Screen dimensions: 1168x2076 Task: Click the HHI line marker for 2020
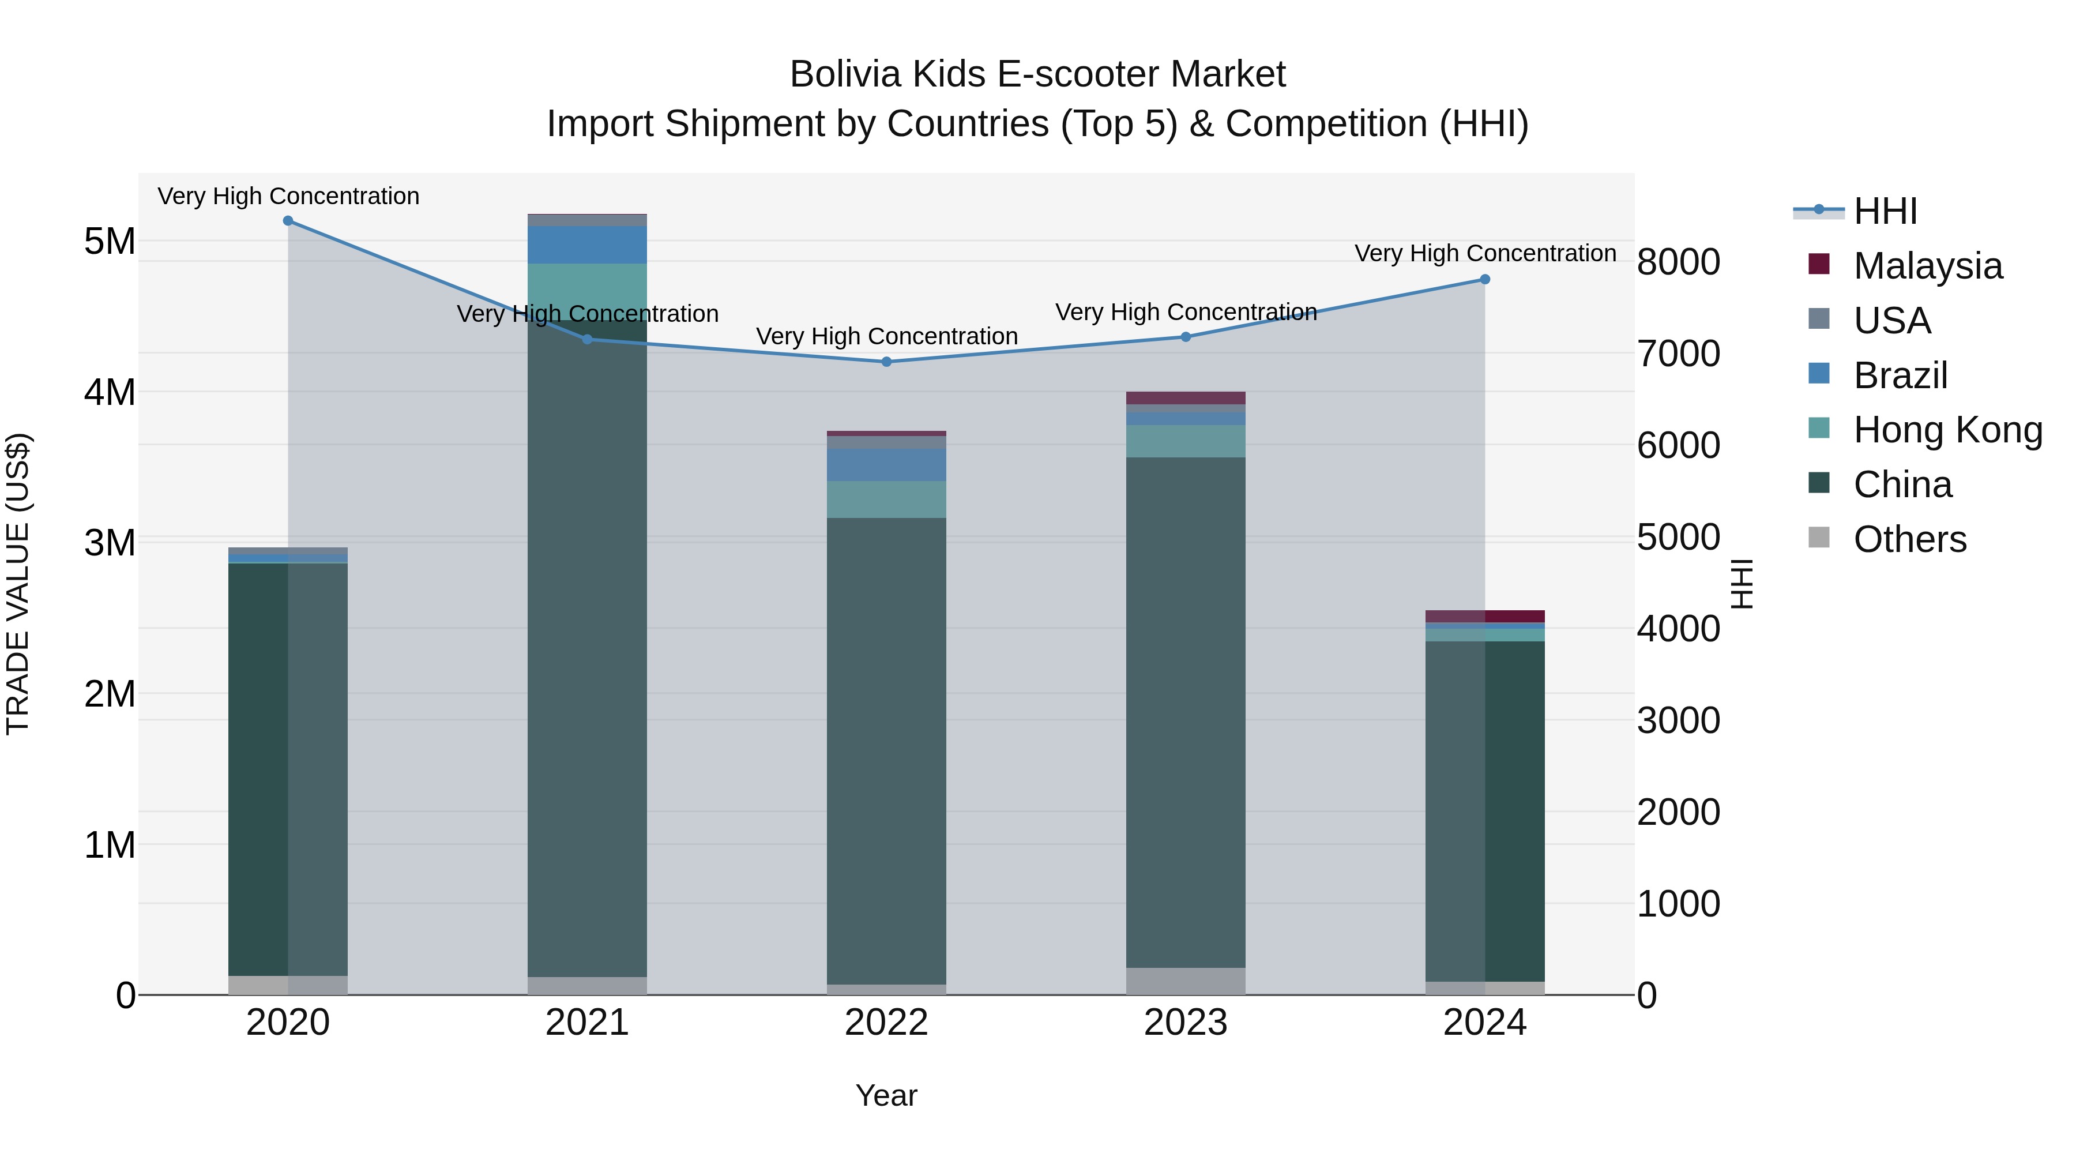[288, 221]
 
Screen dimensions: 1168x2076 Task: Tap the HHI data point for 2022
[886, 362]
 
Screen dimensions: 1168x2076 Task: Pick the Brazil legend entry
[1900, 375]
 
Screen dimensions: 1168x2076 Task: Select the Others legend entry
[1909, 539]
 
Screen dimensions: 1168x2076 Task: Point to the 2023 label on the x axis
[1186, 1023]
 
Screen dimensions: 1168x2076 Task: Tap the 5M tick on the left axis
[110, 241]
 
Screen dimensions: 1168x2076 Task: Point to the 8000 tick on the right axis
[1678, 262]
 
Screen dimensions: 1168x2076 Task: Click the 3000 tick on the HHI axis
[1678, 720]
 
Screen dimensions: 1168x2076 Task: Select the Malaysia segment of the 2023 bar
[1186, 398]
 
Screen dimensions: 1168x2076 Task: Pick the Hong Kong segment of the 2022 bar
[886, 500]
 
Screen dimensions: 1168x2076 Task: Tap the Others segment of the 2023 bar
[1186, 981]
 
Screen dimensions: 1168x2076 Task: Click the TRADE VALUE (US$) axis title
[18, 584]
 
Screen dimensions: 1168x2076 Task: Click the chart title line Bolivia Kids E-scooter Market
[1037, 74]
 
